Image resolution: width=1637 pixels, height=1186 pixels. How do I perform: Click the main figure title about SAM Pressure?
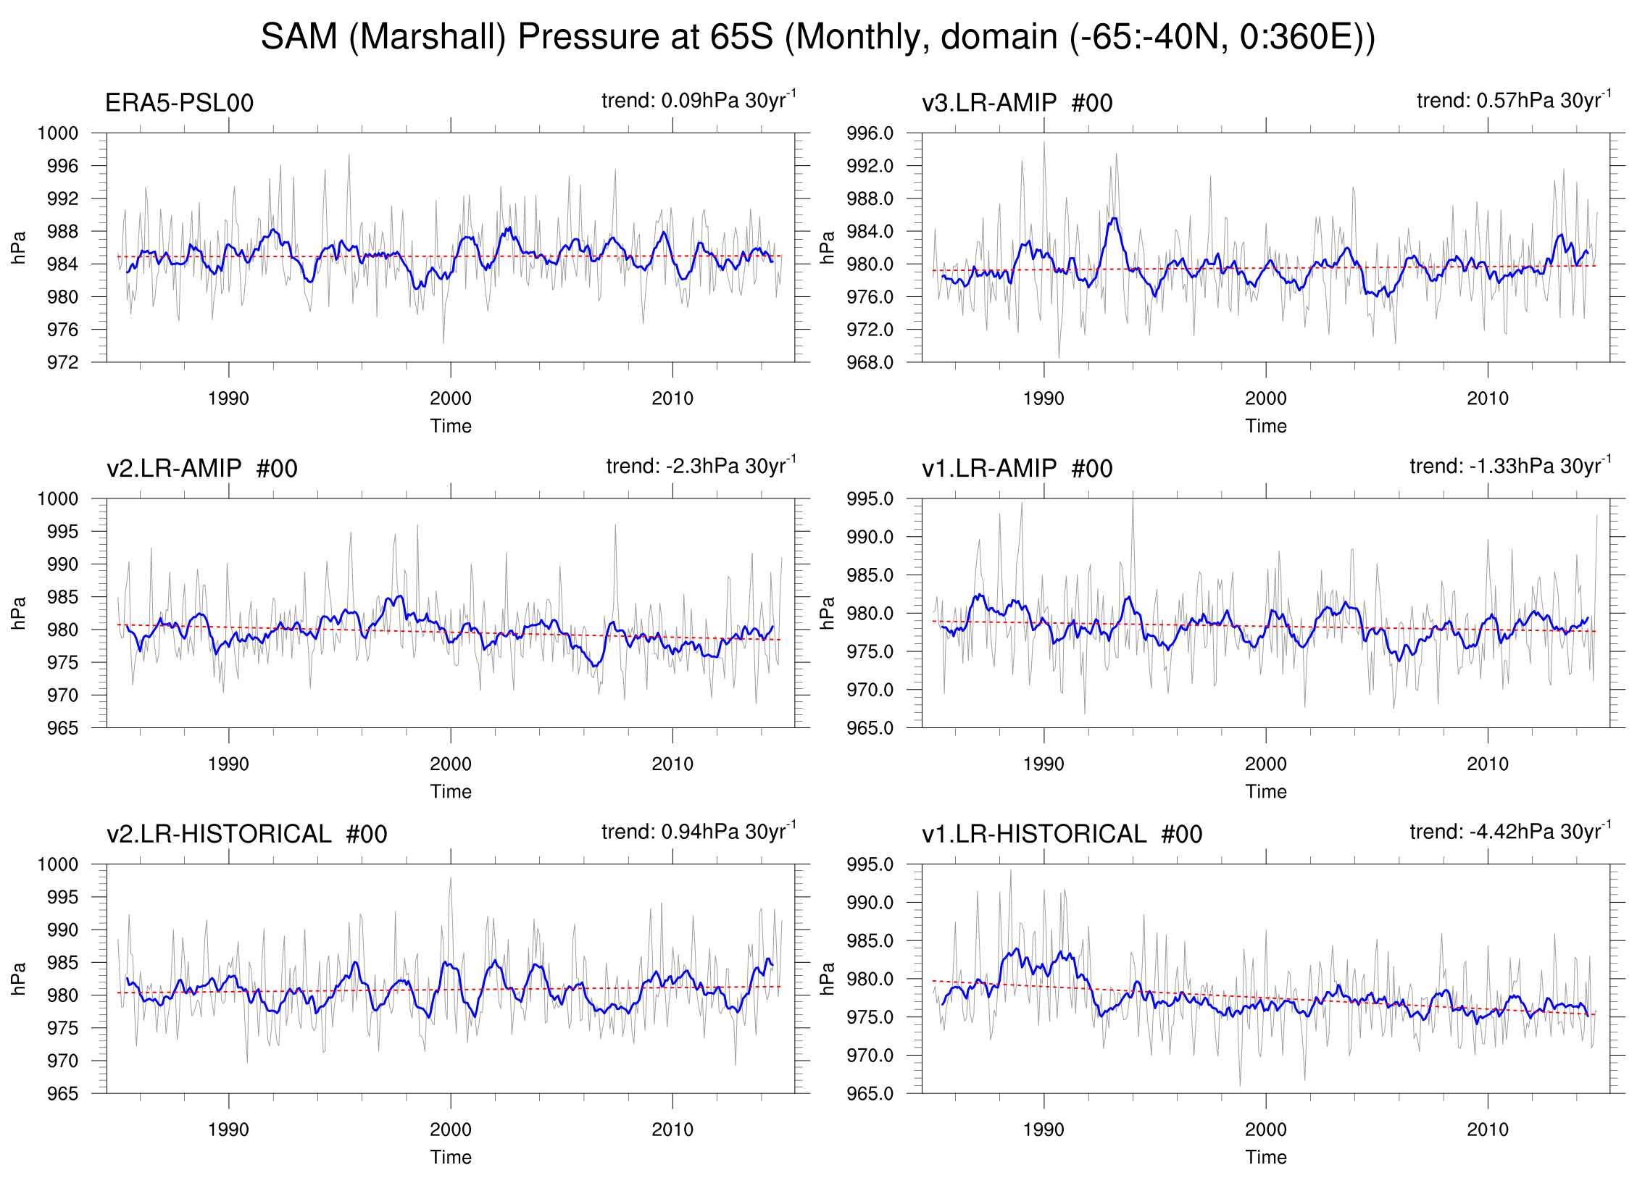[x=817, y=36]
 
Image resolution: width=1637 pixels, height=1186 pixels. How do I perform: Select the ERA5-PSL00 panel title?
[x=179, y=103]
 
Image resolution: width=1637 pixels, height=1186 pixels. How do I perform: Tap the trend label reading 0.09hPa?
[x=699, y=100]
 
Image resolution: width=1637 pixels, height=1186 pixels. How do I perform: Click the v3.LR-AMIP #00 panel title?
[x=1017, y=103]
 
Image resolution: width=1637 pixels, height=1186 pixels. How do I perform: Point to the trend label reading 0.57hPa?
[x=1514, y=100]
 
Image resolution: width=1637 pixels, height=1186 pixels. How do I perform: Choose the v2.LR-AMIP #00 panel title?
[x=201, y=469]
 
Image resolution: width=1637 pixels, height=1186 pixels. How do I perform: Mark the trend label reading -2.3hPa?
[x=701, y=466]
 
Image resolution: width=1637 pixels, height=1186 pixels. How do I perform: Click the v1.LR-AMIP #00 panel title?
[x=1017, y=469]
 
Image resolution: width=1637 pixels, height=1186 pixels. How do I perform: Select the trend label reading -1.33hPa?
[x=1510, y=466]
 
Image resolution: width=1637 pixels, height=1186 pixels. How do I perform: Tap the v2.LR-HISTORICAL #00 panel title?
[x=246, y=834]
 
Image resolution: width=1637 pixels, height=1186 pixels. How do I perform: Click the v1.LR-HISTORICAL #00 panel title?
[x=1062, y=834]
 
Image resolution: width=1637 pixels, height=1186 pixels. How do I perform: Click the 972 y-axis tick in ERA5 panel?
[x=63, y=362]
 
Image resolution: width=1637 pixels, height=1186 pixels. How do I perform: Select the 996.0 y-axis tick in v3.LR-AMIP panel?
[x=870, y=133]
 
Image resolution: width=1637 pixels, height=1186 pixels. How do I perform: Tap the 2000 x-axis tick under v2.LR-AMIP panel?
[x=450, y=764]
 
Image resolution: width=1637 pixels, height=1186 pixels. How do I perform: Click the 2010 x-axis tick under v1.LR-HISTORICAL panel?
[x=1488, y=1129]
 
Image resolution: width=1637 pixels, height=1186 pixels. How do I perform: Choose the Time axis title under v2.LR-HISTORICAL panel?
[x=450, y=1157]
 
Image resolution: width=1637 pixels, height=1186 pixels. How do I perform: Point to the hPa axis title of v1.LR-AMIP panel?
[x=827, y=613]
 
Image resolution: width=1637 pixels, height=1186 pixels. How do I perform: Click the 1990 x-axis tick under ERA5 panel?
[x=228, y=398]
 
